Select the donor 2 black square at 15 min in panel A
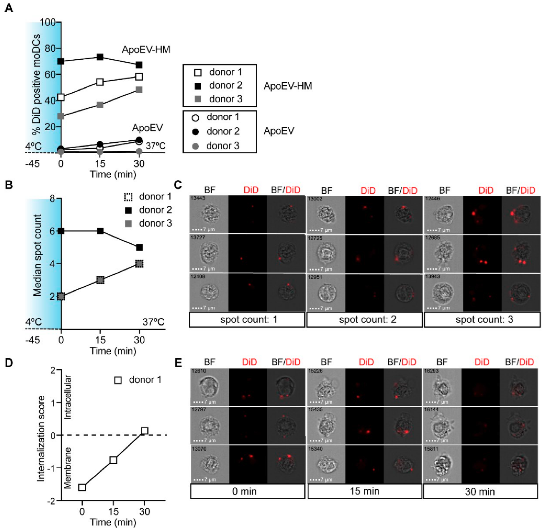pyautogui.click(x=100, y=57)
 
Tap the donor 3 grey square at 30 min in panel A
pyautogui.click(x=139, y=90)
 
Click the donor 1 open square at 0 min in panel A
pyautogui.click(x=61, y=97)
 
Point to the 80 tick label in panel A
pyautogui.click(x=48, y=48)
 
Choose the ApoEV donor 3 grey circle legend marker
pyautogui.click(x=196, y=146)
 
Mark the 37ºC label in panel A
pyautogui.click(x=155, y=146)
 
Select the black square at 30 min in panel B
pyautogui.click(x=139, y=247)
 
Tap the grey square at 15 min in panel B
pyautogui.click(x=100, y=280)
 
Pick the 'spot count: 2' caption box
pyautogui.click(x=364, y=319)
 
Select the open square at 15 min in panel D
pyautogui.click(x=113, y=460)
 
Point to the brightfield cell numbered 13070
pyautogui.click(x=210, y=464)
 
